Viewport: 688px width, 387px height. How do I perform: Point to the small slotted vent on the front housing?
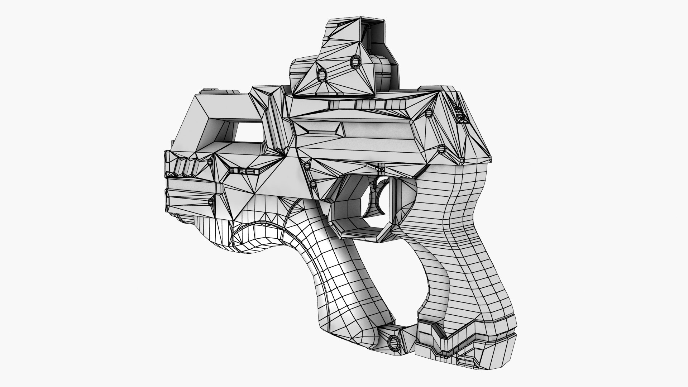(245, 171)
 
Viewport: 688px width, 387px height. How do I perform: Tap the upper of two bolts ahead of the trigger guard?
(307, 166)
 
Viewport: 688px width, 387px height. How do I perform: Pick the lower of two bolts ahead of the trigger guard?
(313, 184)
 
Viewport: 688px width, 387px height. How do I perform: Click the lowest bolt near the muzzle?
(211, 202)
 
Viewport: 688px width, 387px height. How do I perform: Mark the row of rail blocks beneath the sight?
(369, 104)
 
